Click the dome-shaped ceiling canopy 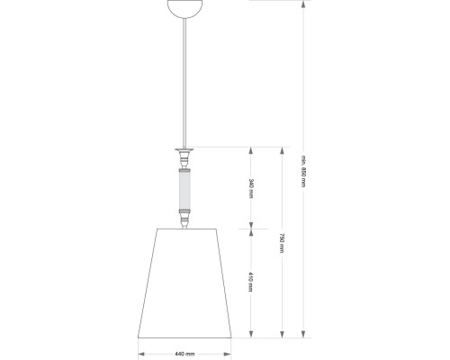[x=188, y=5]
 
